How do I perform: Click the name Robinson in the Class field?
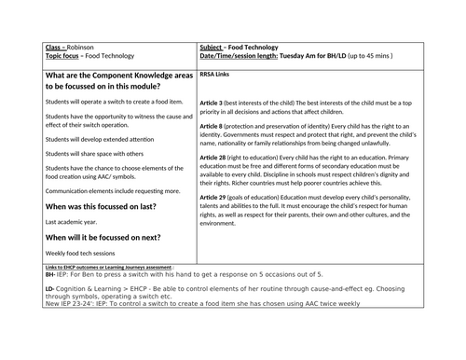(x=82, y=48)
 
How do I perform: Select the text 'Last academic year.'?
(x=69, y=222)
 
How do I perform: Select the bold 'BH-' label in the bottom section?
(x=49, y=276)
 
